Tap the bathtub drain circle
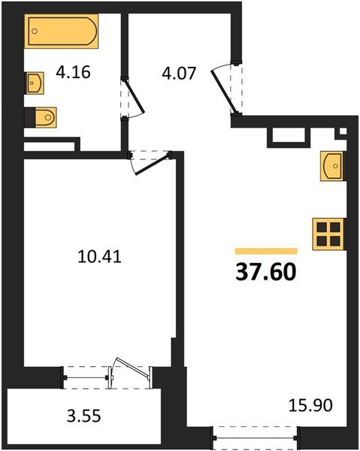coord(35,31)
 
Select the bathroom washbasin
coord(35,83)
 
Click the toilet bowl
coord(45,117)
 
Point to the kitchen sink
coord(332,166)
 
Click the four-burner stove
coord(328,234)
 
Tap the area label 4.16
coord(74,72)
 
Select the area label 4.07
coord(179,73)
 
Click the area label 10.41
coord(99,256)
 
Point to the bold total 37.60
coord(266,272)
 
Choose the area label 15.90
coord(310,406)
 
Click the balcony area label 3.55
coord(84,416)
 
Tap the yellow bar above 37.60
coord(266,251)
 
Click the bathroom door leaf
coord(134,96)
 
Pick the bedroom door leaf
coord(152,165)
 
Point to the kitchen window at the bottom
coord(255,438)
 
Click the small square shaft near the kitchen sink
coord(343,131)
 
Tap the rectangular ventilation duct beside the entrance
coord(289,135)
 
